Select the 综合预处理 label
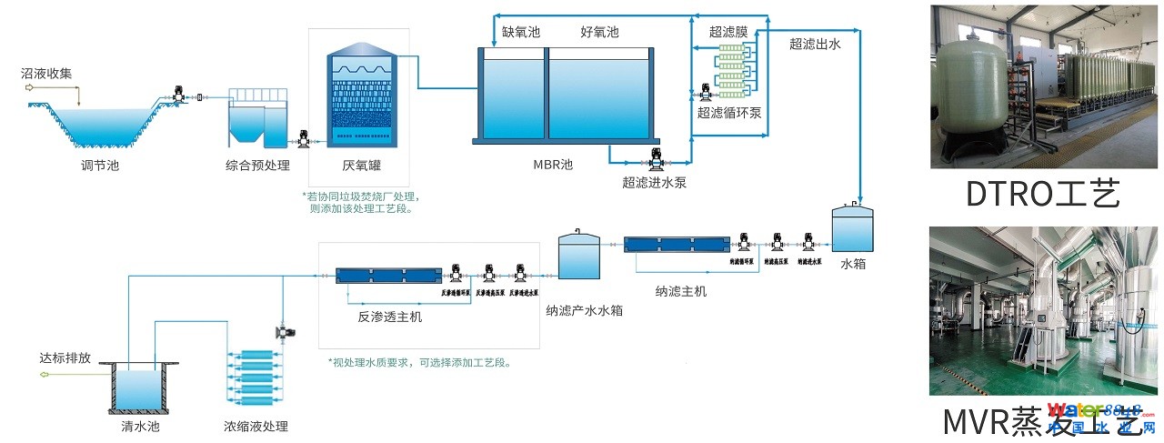(257, 166)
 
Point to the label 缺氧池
(521, 32)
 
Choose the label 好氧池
(599, 32)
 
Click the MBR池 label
(553, 165)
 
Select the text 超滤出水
(815, 44)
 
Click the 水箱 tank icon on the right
(853, 227)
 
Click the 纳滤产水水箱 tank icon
(578, 256)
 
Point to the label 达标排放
(65, 357)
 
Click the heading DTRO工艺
(1043, 194)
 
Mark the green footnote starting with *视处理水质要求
(419, 362)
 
